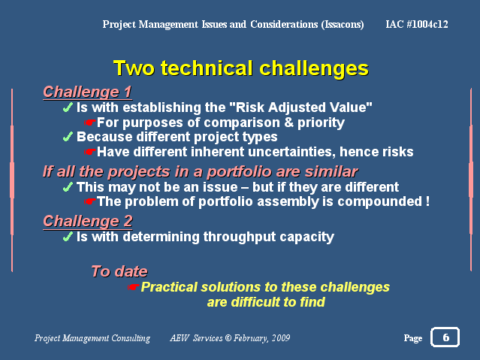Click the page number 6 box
point(445,337)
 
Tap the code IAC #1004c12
point(417,24)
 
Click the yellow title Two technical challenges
point(241,68)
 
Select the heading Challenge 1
point(88,92)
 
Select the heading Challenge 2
point(88,221)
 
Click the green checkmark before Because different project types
point(68,137)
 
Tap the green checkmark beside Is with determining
point(68,237)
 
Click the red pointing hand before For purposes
point(89,123)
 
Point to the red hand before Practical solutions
point(134,287)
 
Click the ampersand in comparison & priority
point(288,123)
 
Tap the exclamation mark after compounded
point(427,201)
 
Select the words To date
point(119,271)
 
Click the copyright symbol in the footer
point(228,337)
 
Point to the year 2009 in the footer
point(281,337)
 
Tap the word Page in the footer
point(413,338)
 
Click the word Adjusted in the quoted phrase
point(287,107)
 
